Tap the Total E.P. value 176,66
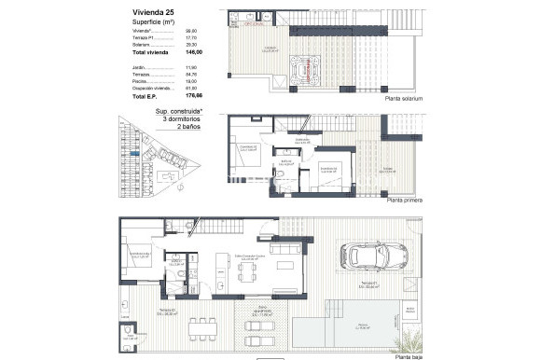point(194,96)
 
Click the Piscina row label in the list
point(139,81)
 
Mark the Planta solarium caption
point(403,98)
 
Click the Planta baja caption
point(409,355)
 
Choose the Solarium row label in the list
point(141,44)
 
